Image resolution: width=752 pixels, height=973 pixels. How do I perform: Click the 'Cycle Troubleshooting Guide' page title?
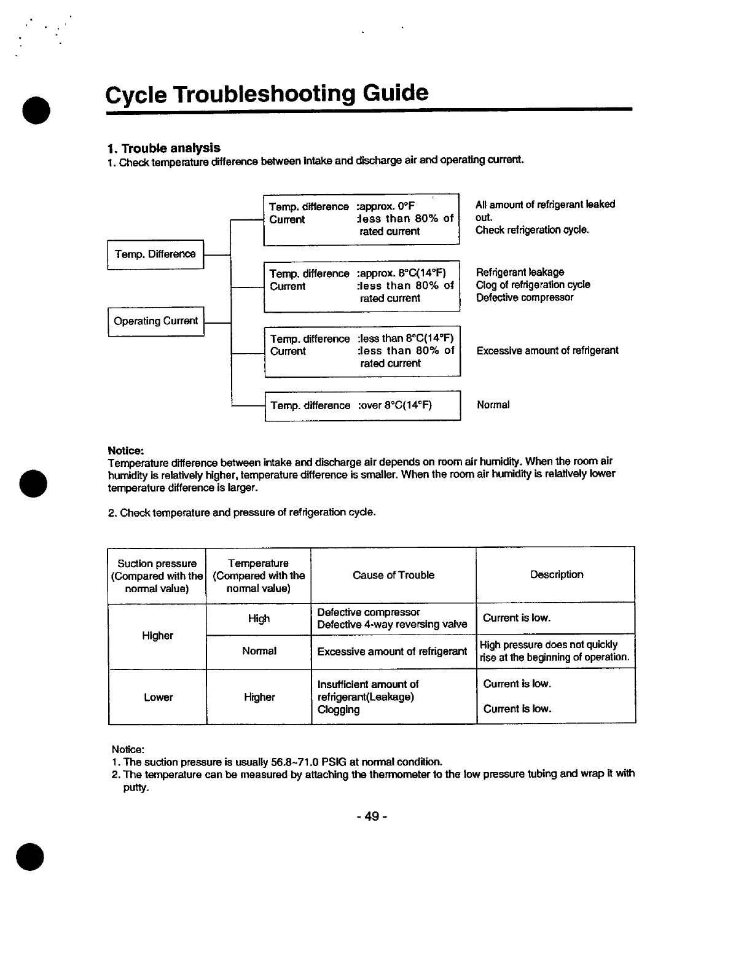[267, 94]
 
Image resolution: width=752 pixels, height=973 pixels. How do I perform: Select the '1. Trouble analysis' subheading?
[163, 148]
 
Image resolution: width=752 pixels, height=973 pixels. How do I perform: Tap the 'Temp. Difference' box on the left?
[155, 254]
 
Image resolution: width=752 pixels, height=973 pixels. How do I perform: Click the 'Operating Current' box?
[156, 321]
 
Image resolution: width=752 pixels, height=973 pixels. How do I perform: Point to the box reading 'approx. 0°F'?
[361, 219]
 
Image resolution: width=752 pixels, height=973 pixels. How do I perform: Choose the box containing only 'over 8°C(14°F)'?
[362, 405]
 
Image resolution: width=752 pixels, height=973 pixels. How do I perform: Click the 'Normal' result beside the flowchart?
[493, 405]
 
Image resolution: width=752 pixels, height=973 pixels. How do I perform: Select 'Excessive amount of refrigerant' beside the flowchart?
[547, 351]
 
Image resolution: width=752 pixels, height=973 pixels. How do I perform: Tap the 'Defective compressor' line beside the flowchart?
[525, 297]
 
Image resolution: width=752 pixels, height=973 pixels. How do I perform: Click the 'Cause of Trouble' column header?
[393, 575]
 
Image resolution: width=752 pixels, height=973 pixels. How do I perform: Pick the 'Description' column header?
[557, 574]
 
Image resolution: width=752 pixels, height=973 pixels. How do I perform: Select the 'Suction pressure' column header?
[157, 576]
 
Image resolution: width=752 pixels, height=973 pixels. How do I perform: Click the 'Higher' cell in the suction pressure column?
[157, 636]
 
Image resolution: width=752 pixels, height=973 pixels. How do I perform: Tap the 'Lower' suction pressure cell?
[158, 697]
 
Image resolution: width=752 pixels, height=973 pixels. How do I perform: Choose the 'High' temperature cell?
[259, 619]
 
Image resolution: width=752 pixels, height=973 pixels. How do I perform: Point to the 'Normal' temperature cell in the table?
[259, 651]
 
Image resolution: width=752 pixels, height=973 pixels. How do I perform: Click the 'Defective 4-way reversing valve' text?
[392, 625]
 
